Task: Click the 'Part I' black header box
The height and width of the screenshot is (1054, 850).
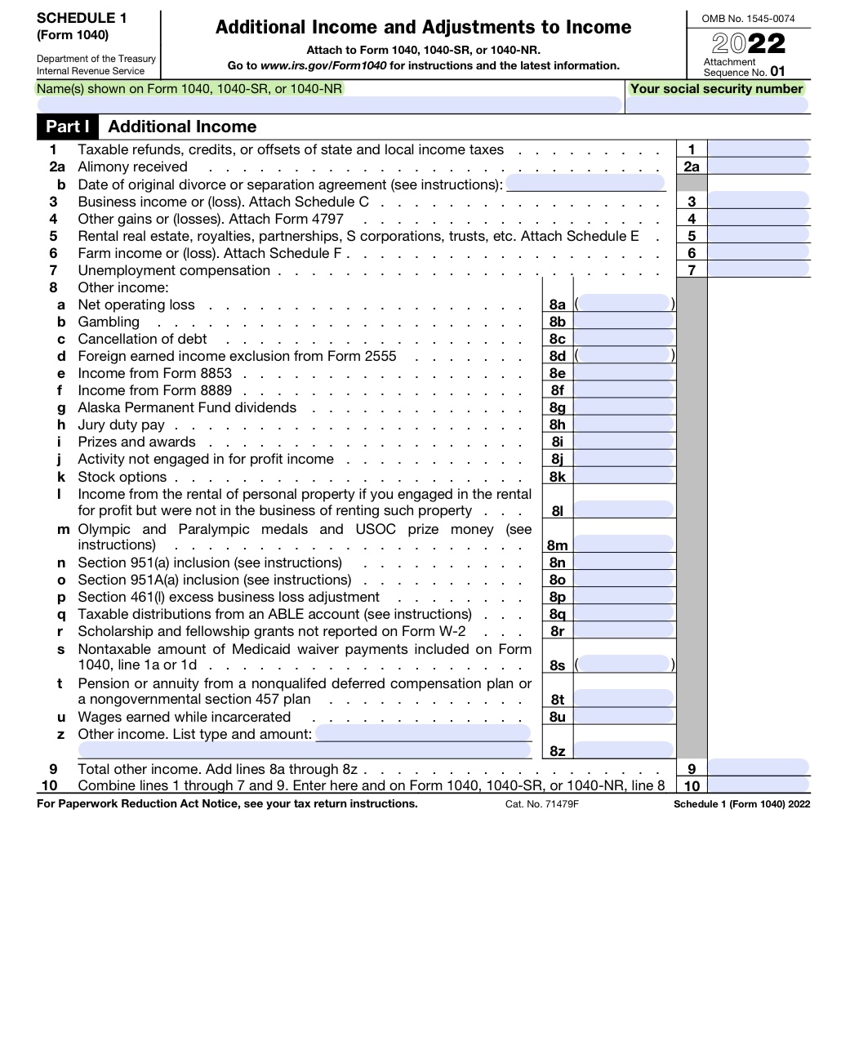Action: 67,127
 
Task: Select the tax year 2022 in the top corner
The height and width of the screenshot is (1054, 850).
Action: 748,43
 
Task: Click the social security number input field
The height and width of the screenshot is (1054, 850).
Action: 717,105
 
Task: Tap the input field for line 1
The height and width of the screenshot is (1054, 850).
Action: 758,149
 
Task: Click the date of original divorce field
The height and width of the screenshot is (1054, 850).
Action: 585,184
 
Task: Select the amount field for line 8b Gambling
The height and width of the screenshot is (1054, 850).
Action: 625,322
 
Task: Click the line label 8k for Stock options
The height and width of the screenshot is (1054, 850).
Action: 557,477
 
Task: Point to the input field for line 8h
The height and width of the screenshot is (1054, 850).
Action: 625,425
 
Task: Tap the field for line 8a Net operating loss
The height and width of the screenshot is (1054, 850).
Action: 625,305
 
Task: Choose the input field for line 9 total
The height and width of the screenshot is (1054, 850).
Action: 758,768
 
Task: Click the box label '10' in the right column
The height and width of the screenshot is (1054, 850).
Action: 692,786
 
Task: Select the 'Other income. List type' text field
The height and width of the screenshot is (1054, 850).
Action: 423,734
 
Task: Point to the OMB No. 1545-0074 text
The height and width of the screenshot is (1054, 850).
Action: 748,18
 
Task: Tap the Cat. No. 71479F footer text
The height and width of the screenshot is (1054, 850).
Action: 541,804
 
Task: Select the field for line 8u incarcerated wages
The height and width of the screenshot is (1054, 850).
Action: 625,717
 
